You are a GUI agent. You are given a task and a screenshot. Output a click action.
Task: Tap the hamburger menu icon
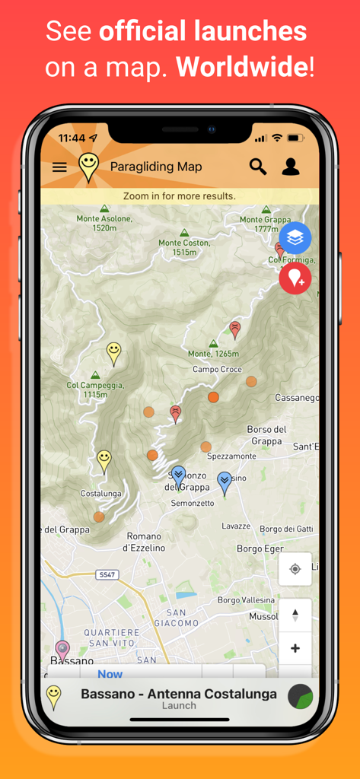click(59, 167)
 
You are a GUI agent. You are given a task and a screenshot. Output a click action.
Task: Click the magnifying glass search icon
click(258, 167)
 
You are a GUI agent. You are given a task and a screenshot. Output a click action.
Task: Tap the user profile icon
click(291, 167)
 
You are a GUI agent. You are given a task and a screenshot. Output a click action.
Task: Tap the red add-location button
click(295, 278)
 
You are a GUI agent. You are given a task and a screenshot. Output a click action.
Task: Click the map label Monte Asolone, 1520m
click(104, 223)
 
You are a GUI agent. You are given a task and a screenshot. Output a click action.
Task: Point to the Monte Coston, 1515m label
click(184, 247)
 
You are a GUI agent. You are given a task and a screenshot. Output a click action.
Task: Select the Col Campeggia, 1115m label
click(94, 389)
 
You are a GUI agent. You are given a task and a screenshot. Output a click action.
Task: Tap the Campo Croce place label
click(217, 370)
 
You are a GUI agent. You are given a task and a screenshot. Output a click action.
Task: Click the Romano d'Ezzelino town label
click(144, 541)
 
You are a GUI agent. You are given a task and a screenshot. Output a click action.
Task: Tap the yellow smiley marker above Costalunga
click(104, 459)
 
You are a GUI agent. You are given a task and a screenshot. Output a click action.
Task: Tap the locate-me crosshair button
click(295, 568)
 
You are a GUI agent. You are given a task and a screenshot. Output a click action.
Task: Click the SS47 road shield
click(107, 576)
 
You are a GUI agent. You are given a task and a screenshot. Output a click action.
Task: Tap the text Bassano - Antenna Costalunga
click(179, 693)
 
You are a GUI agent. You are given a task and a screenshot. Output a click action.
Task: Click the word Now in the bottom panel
click(110, 674)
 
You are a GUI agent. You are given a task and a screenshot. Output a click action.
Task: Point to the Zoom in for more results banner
click(180, 196)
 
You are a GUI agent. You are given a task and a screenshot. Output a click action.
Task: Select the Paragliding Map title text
click(156, 167)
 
